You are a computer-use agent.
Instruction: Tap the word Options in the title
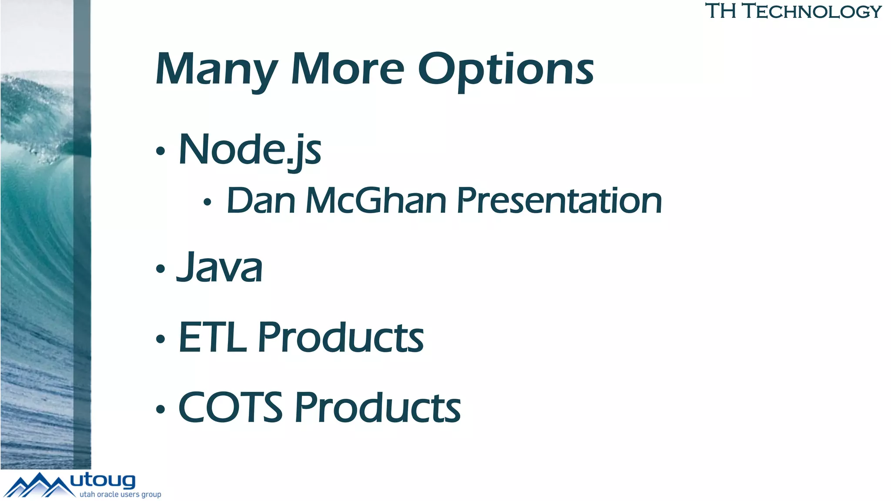point(506,70)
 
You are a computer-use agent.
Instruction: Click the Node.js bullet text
point(250,150)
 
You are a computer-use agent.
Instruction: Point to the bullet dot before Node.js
point(161,151)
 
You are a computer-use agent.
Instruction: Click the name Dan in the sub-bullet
point(261,201)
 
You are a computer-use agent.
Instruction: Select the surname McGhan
point(376,201)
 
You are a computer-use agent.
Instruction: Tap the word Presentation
point(559,201)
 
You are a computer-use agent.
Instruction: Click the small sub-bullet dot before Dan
point(208,202)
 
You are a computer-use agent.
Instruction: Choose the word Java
point(220,267)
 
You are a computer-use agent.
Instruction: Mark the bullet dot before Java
point(161,268)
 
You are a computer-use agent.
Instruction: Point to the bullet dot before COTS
point(161,409)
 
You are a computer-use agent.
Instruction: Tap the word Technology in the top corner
point(812,11)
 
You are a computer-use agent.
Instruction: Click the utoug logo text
point(103,481)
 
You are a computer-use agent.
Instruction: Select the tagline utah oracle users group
point(120,494)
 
